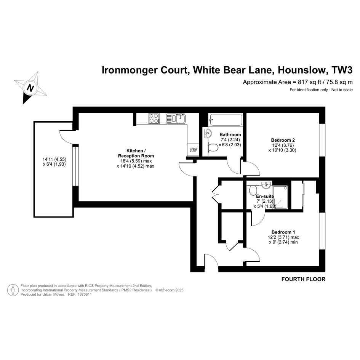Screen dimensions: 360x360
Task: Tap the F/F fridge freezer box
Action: tap(193, 150)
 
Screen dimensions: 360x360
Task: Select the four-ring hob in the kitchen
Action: tap(154, 118)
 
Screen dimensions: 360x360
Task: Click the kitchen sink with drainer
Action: tap(176, 118)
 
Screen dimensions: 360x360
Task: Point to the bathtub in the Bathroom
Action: tap(225, 120)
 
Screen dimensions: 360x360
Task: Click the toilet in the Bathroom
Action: tap(213, 148)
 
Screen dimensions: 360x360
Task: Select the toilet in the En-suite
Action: tap(253, 190)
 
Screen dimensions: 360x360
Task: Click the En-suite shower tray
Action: tap(280, 197)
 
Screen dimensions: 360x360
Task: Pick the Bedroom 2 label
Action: tap(283, 140)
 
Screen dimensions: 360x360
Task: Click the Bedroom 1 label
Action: tap(283, 232)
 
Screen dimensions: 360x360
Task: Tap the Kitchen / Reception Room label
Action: tap(136, 153)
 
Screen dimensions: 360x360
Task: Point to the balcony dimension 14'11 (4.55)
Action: tap(54, 159)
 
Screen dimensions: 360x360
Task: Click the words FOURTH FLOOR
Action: tap(303, 279)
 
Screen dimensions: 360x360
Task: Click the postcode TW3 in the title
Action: tap(342, 70)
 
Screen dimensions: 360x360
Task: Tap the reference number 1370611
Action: tap(85, 294)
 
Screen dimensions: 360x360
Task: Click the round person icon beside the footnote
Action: tap(13, 290)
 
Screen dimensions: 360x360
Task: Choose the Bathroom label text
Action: tap(230, 134)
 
